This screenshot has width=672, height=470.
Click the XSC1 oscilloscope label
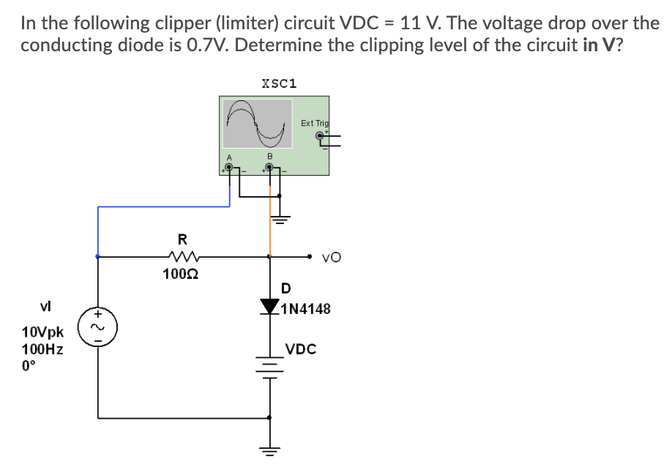click(x=278, y=82)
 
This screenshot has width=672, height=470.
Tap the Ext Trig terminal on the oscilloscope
click(x=321, y=135)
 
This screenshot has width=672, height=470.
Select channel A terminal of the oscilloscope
click(x=230, y=168)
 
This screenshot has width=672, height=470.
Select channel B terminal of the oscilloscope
click(x=269, y=168)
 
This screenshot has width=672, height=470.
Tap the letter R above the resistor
click(x=182, y=238)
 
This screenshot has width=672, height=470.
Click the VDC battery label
click(x=301, y=349)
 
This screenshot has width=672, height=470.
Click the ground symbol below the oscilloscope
click(x=280, y=218)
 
